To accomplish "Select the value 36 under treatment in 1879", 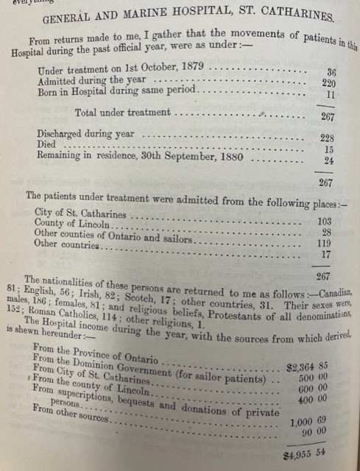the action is (330, 73).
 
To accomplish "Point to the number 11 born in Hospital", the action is (331, 95).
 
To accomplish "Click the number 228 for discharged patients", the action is (328, 138).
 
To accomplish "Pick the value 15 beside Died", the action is (330, 149).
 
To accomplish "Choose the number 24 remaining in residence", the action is (330, 160).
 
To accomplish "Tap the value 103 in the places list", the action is (324, 220).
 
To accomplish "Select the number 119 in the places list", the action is (324, 244).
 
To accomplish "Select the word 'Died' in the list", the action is (47, 148).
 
